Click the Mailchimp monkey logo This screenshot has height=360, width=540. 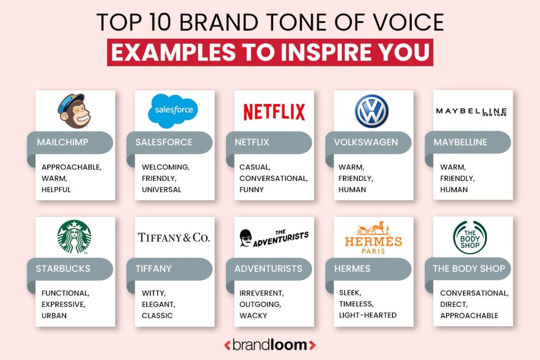pyautogui.click(x=74, y=111)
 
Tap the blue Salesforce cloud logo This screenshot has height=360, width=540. pyautogui.click(x=174, y=110)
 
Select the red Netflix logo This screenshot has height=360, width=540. pyautogui.click(x=274, y=112)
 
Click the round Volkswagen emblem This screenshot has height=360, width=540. pyautogui.click(x=372, y=111)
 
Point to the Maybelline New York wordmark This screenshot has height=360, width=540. pyautogui.click(x=471, y=112)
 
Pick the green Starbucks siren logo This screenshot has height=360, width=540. pyautogui.click(x=74, y=237)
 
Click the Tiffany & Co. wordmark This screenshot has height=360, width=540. pyautogui.click(x=174, y=238)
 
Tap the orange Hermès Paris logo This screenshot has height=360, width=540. pyautogui.click(x=373, y=238)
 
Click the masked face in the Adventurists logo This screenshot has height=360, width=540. pyautogui.click(x=246, y=238)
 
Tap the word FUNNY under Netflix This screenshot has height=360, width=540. pyautogui.click(x=252, y=190)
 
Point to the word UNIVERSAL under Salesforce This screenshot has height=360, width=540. pyautogui.click(x=162, y=190)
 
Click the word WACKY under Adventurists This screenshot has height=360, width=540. pyautogui.click(x=253, y=316)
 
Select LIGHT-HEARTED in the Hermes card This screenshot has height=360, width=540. pyautogui.click(x=367, y=315)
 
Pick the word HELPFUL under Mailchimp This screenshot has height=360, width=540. pyautogui.click(x=56, y=190)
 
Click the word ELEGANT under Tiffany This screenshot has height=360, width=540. pyautogui.click(x=158, y=304)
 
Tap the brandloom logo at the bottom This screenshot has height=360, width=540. pyautogui.click(x=270, y=344)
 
